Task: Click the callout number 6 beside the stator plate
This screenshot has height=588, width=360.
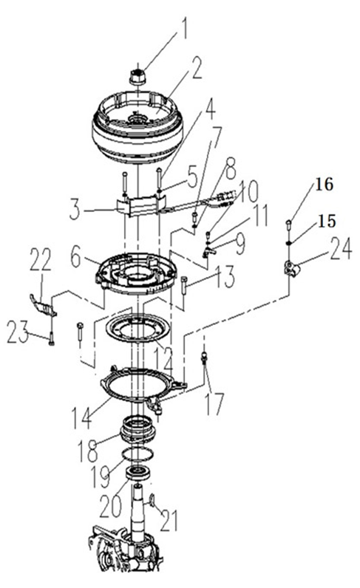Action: [75, 259]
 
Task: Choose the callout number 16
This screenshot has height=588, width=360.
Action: [324, 185]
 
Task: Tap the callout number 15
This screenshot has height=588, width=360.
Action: [326, 222]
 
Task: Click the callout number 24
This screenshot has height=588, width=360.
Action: [341, 248]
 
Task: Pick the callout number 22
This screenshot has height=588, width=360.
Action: [40, 259]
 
